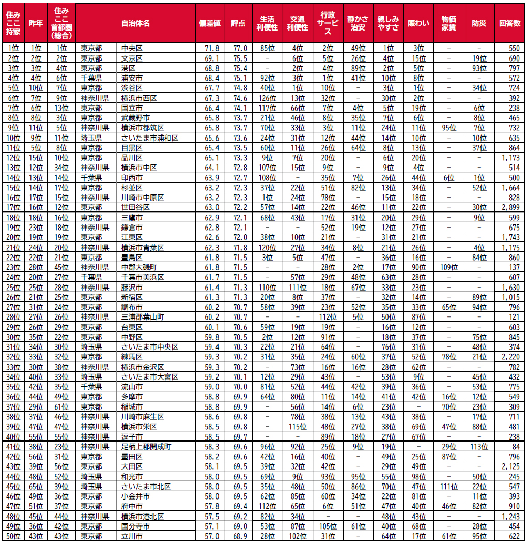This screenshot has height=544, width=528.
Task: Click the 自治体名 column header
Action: point(135,23)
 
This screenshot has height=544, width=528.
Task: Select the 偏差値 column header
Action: point(210,23)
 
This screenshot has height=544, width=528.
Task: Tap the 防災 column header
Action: point(478,23)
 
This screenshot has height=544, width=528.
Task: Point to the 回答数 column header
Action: point(509,23)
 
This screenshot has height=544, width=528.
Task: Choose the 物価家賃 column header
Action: point(448,23)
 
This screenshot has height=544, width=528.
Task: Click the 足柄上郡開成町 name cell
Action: point(146,446)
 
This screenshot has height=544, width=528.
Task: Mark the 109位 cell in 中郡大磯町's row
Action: point(448,267)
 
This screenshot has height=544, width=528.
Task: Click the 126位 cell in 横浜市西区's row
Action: point(267,98)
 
